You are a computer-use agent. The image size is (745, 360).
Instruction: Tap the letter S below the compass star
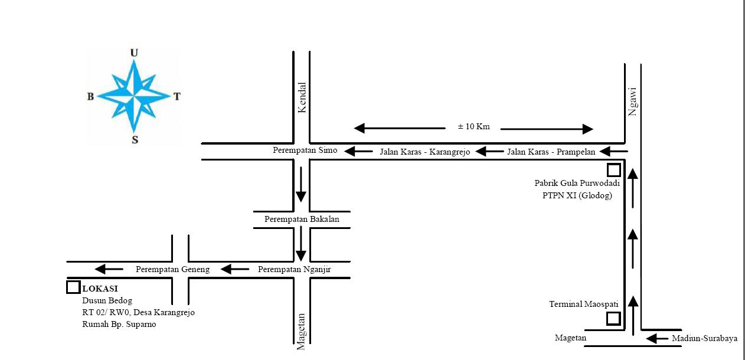tap(135, 140)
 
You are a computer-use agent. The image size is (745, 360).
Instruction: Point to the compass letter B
tap(90, 97)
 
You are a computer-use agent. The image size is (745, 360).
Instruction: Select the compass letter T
tap(177, 97)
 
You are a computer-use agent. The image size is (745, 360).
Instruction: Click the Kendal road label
tap(302, 98)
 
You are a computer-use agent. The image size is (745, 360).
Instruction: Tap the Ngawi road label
tap(633, 102)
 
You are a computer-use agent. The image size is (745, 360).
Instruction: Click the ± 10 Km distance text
tap(473, 126)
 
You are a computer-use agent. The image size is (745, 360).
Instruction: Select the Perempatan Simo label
tap(305, 150)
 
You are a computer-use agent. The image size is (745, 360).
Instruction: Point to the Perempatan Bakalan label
tap(302, 220)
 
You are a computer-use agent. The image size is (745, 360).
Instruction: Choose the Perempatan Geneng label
tap(173, 270)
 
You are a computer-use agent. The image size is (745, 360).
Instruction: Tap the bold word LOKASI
tap(100, 289)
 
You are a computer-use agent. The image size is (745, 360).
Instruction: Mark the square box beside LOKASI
tap(73, 287)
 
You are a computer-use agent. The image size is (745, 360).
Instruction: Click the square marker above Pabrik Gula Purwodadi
tap(614, 170)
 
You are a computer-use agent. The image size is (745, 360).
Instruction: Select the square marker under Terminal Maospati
tap(613, 319)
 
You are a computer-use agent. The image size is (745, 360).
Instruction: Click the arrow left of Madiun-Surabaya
tap(656, 338)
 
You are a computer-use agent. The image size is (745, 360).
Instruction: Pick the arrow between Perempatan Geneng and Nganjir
tap(235, 270)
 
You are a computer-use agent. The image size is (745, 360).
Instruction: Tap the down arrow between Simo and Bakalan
tap(301, 185)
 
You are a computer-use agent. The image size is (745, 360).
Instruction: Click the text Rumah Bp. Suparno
tap(119, 324)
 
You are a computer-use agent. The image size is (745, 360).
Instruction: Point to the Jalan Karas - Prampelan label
tap(551, 152)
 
